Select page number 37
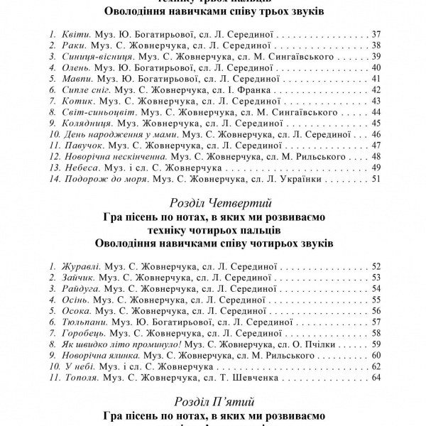click(376, 34)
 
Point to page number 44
click(376, 111)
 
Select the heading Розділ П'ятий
click(213, 403)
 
